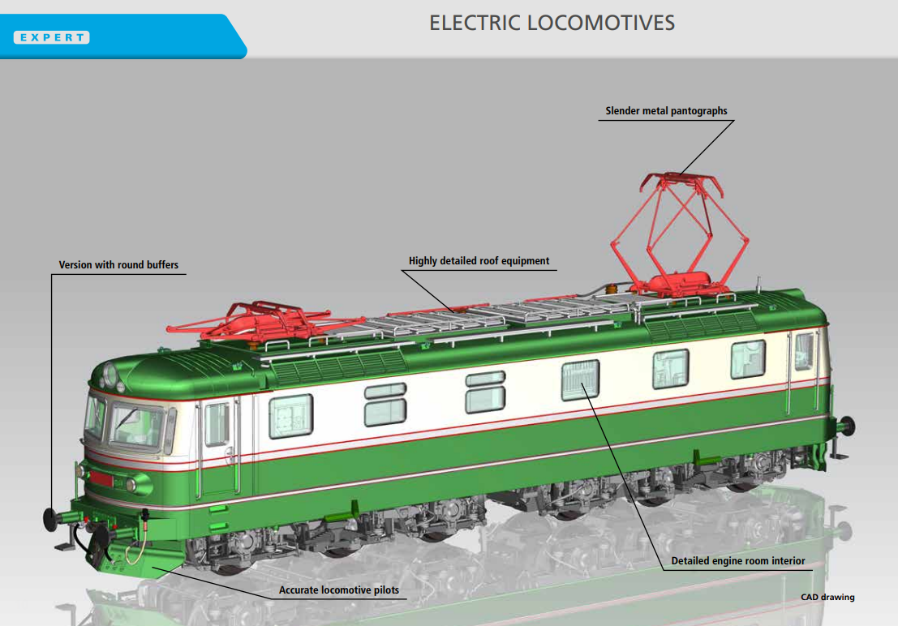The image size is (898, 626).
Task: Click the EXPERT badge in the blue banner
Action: click(52, 37)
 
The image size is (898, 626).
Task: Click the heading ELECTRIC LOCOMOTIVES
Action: click(552, 23)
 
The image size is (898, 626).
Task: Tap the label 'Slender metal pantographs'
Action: click(666, 110)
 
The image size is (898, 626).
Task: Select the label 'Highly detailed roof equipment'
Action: click(479, 260)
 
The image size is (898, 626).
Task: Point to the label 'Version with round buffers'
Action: click(118, 264)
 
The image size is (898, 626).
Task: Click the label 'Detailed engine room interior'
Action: click(737, 560)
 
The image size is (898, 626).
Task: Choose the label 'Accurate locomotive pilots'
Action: click(339, 590)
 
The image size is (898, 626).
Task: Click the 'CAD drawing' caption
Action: click(827, 597)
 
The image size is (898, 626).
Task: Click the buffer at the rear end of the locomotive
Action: click(847, 426)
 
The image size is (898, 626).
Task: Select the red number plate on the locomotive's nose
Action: click(101, 479)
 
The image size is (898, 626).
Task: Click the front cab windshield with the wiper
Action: click(137, 426)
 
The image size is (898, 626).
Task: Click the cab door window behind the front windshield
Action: click(217, 424)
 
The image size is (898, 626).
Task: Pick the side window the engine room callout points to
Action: click(580, 379)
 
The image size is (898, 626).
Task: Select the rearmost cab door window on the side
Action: click(804, 351)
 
